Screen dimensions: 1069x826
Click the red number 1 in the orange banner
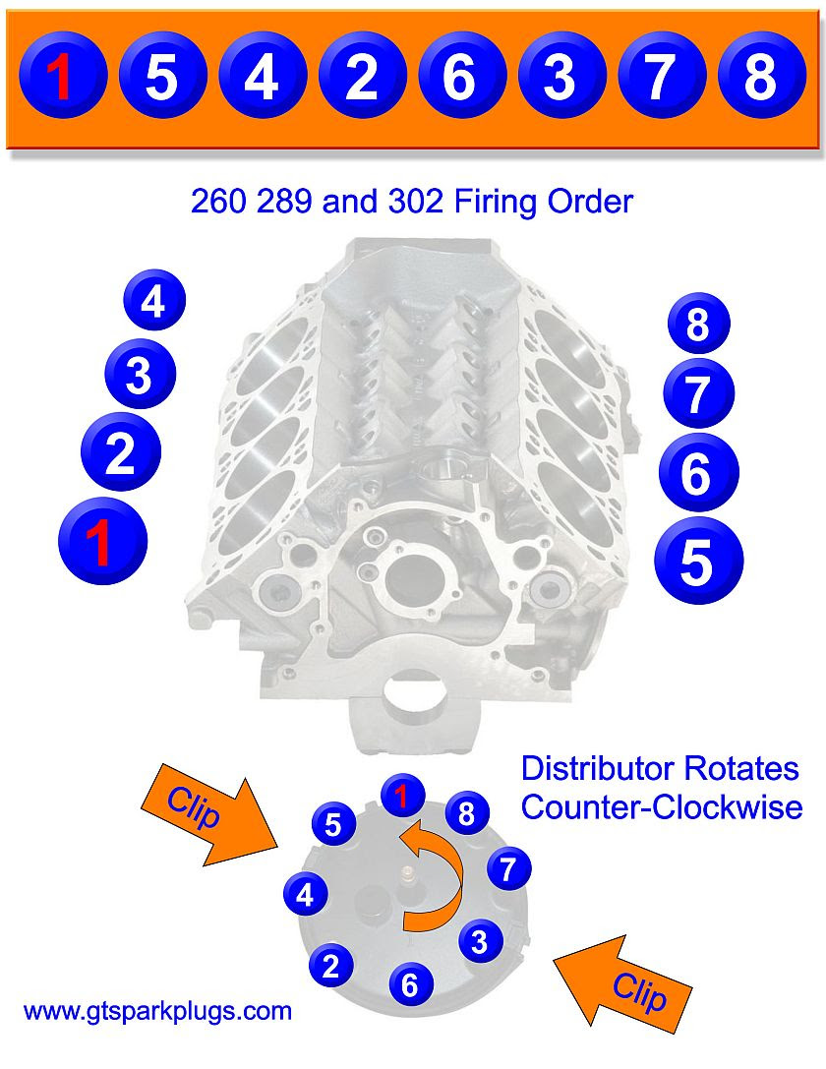(x=61, y=77)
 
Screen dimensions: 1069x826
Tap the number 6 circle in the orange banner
(x=461, y=77)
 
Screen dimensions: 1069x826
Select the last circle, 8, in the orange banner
(x=761, y=77)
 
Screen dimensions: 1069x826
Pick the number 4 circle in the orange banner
(x=262, y=77)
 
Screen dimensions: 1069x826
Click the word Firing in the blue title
(x=489, y=203)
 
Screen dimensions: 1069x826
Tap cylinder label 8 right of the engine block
(x=697, y=325)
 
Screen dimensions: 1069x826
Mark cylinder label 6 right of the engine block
(x=695, y=474)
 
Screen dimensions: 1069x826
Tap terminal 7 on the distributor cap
(x=508, y=868)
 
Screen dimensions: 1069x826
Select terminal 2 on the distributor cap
(x=330, y=966)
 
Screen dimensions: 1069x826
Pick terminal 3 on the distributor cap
(x=479, y=942)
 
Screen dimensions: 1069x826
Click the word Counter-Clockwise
(x=661, y=807)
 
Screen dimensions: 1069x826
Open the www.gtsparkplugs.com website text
(x=157, y=1010)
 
